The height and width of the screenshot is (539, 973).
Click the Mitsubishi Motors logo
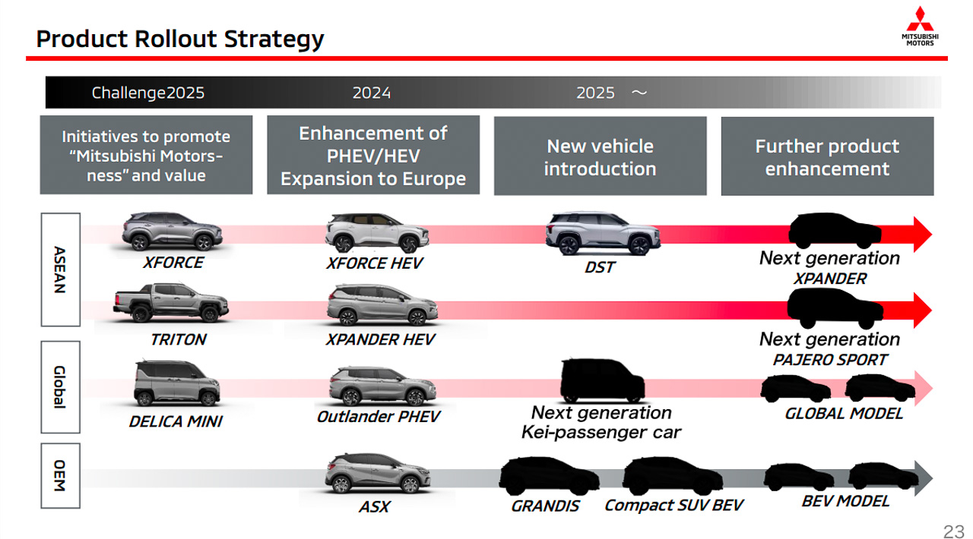click(x=920, y=26)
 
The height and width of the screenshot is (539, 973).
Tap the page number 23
click(x=953, y=531)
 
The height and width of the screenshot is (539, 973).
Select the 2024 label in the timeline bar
click(x=372, y=93)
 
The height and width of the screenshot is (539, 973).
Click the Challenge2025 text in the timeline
click(x=147, y=93)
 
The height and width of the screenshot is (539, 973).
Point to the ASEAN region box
click(x=60, y=269)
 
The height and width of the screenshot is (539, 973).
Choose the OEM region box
click(x=60, y=476)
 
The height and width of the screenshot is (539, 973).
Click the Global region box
click(x=60, y=387)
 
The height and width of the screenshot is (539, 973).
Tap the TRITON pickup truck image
click(x=171, y=302)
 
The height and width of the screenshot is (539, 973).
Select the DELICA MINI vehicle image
click(x=177, y=383)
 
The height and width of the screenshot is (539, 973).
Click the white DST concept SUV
click(x=603, y=233)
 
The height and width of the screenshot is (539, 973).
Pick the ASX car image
click(x=378, y=474)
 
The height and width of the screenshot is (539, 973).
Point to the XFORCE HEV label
click(x=375, y=263)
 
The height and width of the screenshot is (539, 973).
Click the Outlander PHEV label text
click(x=379, y=417)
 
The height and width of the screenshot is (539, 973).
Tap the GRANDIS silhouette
click(x=550, y=476)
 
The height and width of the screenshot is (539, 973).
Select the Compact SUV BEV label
click(x=673, y=506)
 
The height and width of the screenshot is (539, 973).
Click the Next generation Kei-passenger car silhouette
click(x=603, y=380)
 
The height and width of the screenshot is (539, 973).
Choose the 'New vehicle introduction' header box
click(x=601, y=156)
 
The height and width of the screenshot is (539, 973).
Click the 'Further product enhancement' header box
click(x=828, y=156)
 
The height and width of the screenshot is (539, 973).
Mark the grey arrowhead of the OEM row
click(x=923, y=478)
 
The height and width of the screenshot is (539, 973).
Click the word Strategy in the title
click(x=274, y=39)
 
